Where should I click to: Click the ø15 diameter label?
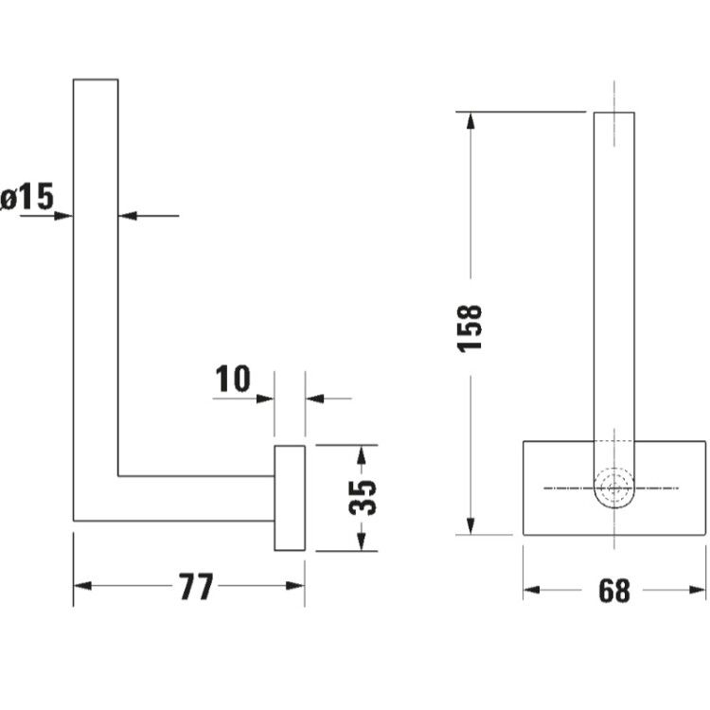tap(27, 197)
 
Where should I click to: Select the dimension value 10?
tap(233, 378)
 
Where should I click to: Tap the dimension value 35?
tap(363, 498)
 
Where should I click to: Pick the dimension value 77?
tap(196, 586)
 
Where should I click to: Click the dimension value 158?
tap(470, 328)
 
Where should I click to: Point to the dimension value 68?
tap(614, 590)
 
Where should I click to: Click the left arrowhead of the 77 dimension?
tap(82, 586)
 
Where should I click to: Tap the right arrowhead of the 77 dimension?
tap(295, 586)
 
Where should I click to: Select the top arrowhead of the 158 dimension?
tap(470, 121)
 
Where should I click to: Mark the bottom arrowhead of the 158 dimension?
tap(470, 525)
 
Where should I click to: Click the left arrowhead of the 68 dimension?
tap(532, 590)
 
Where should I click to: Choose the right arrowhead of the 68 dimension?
tap(697, 590)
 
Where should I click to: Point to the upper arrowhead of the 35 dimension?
tap(361, 454)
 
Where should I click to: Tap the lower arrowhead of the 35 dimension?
tap(361, 541)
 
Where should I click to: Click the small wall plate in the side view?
tap(290, 498)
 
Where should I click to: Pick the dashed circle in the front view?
tap(614, 488)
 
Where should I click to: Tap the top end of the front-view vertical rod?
tap(614, 113)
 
